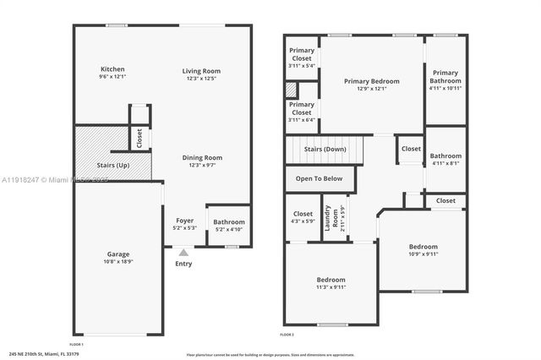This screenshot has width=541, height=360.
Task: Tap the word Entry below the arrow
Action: pyautogui.click(x=184, y=264)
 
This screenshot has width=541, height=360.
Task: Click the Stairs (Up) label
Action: pyautogui.click(x=111, y=165)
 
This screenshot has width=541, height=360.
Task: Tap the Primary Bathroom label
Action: pyautogui.click(x=445, y=76)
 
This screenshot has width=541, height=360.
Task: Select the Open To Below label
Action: pyautogui.click(x=319, y=178)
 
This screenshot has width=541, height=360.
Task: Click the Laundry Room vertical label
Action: pyautogui.click(x=336, y=218)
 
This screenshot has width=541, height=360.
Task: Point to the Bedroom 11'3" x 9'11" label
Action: pyautogui.click(x=331, y=282)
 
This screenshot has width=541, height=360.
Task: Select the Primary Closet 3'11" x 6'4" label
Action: pyautogui.click(x=302, y=108)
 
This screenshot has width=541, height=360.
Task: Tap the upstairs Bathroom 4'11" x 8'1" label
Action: pyautogui.click(x=445, y=159)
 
